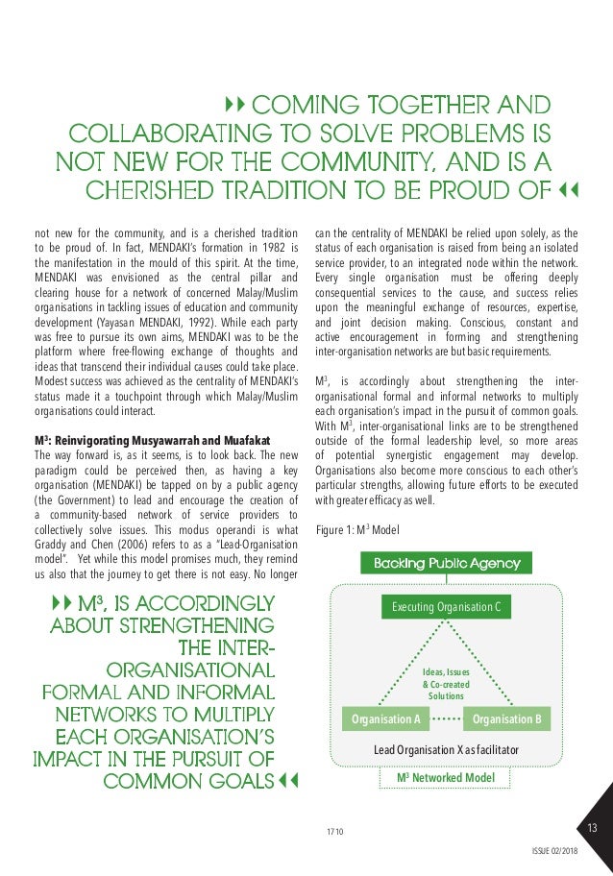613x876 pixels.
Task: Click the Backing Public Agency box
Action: click(x=447, y=563)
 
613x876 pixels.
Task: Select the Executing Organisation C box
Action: click(x=446, y=607)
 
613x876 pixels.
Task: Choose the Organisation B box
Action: click(x=507, y=718)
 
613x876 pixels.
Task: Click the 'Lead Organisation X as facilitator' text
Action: click(x=446, y=748)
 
